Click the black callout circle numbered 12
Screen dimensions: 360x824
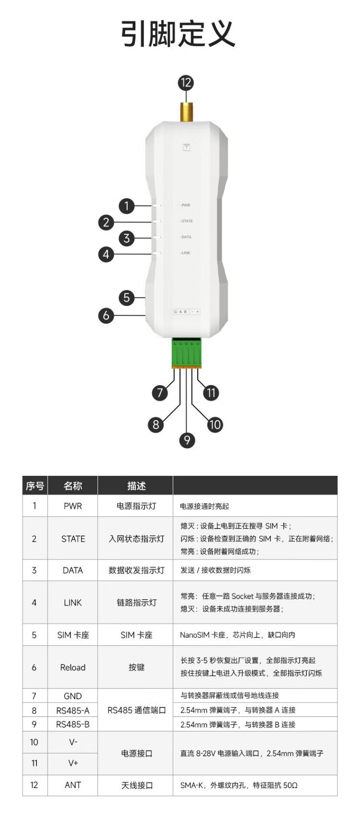(186, 83)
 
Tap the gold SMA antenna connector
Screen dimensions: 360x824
(186, 109)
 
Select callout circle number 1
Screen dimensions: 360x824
(127, 206)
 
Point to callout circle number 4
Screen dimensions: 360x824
(106, 254)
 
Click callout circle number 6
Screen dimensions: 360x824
(106, 315)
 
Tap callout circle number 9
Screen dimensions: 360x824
(187, 440)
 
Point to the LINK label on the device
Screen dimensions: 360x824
(185, 253)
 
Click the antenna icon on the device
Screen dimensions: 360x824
(186, 147)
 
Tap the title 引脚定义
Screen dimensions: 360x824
(178, 34)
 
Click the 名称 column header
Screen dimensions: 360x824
(73, 485)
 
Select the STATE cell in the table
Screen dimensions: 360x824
(73, 539)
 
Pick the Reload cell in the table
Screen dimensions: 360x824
(73, 667)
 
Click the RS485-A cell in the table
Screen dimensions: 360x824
(73, 711)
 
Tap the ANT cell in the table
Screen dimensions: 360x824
(73, 785)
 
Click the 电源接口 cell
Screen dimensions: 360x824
(137, 753)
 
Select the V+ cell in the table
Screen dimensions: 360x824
(73, 763)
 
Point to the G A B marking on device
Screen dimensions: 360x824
(180, 312)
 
